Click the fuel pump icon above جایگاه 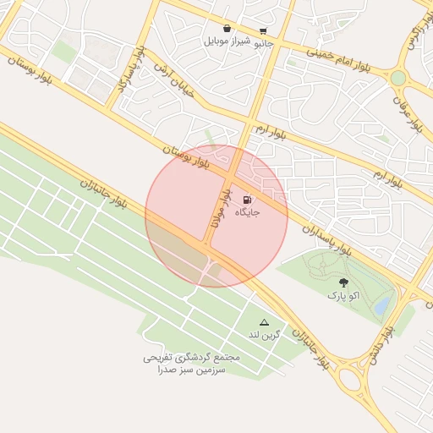(246, 200)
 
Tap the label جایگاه (246, 212)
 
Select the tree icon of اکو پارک (343, 283)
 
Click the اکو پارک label (343, 296)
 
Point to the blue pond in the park (384, 303)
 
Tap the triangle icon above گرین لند (264, 322)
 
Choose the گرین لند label (263, 335)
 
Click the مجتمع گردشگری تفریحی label (191, 358)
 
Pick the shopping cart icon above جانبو (264, 29)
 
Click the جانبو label (264, 41)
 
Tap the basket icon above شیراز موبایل (227, 28)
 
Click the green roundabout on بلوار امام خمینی (397, 78)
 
